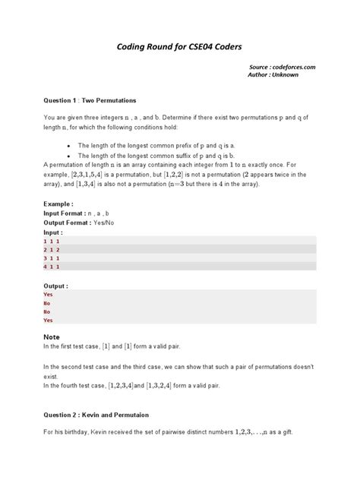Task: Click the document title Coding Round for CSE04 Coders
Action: [x=179, y=46]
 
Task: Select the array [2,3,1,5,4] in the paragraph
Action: [x=101, y=174]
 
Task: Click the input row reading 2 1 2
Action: [x=52, y=249]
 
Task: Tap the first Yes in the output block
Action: [x=49, y=294]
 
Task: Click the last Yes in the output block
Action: [x=49, y=321]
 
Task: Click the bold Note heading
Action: [x=52, y=336]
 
